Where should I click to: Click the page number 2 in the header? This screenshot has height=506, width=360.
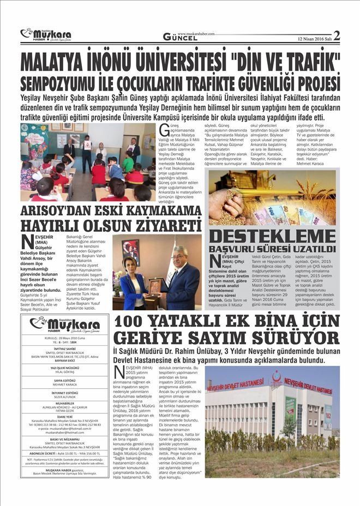(336, 36)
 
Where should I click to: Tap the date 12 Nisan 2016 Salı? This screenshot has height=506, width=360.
(314, 38)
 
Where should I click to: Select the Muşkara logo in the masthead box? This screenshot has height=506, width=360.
(61, 324)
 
